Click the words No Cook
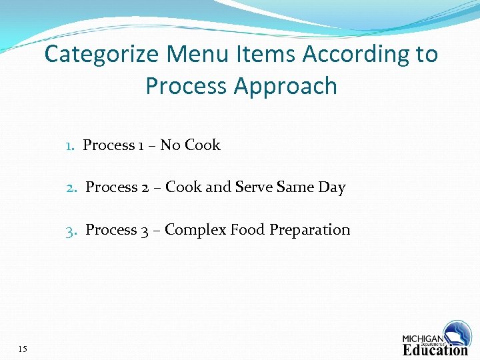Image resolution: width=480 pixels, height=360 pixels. (190, 145)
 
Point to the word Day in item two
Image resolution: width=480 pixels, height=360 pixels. (331, 188)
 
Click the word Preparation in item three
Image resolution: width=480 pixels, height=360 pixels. (309, 230)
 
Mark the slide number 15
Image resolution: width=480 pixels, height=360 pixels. (23, 349)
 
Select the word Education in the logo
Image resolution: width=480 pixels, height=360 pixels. (435, 350)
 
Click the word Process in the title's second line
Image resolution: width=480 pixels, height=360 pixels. (186, 87)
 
